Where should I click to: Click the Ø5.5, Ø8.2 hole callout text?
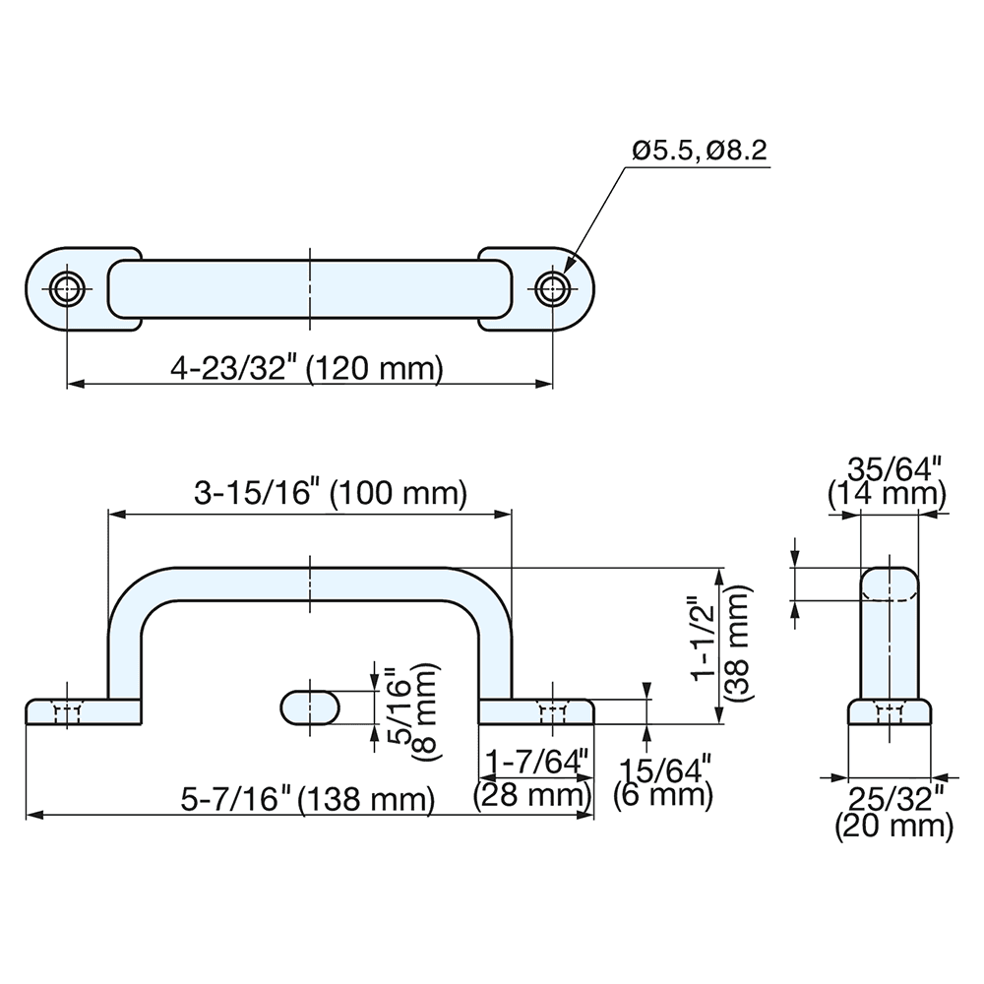699,151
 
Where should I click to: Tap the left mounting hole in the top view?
67,288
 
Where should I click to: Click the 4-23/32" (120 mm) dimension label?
307,369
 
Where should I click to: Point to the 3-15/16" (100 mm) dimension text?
329,494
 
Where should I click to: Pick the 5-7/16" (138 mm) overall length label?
308,799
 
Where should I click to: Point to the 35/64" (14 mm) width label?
887,479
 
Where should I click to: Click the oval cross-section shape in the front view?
310,707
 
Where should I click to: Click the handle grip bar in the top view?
309,289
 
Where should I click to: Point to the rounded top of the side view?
891,581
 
